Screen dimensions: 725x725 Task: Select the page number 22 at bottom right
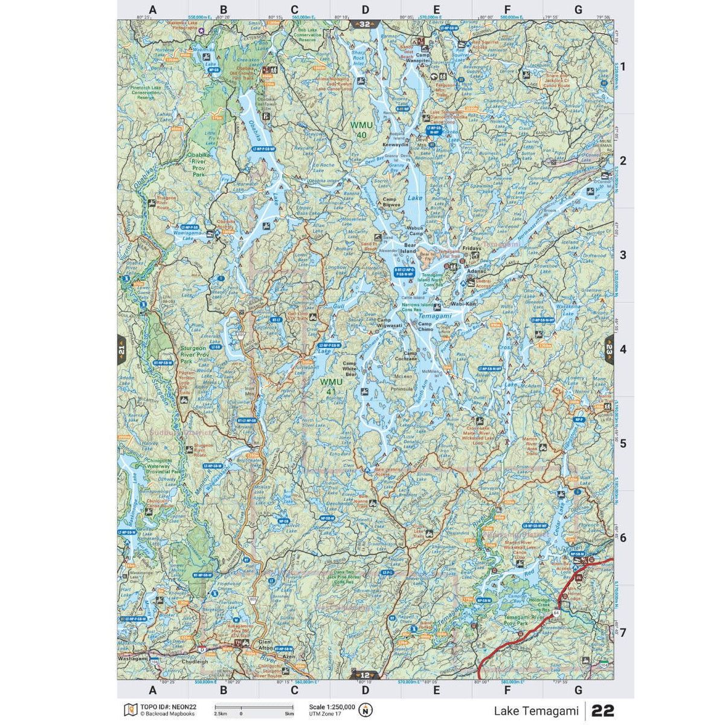(602, 709)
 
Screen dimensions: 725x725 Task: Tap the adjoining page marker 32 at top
(365, 25)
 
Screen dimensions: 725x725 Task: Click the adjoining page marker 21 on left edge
(121, 349)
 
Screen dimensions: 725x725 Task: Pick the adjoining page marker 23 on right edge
(609, 349)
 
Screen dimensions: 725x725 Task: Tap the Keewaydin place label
(396, 146)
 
